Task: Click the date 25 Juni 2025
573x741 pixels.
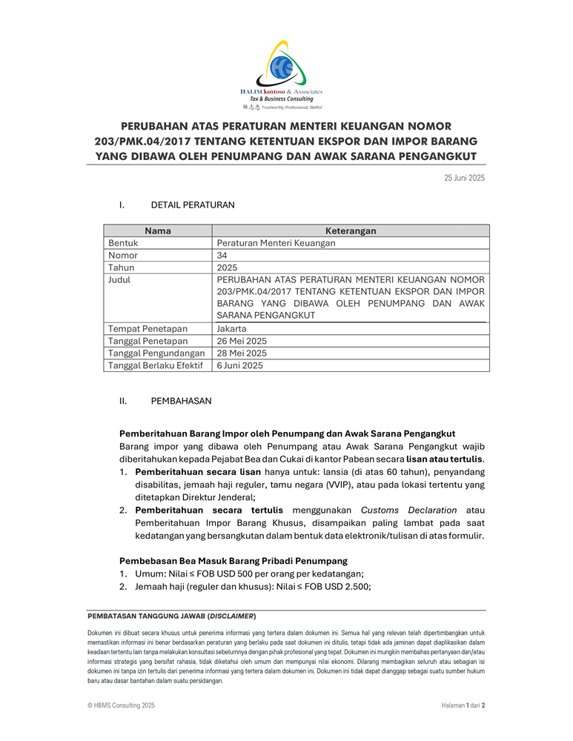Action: (x=464, y=178)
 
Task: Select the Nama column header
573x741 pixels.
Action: (x=157, y=230)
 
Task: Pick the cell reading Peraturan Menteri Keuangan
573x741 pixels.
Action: (x=276, y=243)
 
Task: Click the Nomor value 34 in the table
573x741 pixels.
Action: (x=222, y=255)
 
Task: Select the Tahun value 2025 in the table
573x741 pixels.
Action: (x=228, y=268)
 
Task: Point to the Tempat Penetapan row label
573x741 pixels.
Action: (x=148, y=328)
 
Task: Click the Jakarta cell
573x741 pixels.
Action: (x=232, y=328)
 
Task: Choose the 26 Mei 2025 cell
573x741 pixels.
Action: (x=242, y=341)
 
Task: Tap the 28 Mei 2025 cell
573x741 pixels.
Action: (x=242, y=353)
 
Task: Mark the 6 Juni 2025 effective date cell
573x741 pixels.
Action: (x=239, y=365)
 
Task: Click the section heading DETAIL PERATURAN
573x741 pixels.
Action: (x=193, y=205)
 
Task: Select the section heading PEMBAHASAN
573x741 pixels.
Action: (x=181, y=401)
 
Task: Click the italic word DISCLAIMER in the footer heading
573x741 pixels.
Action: (x=232, y=616)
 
